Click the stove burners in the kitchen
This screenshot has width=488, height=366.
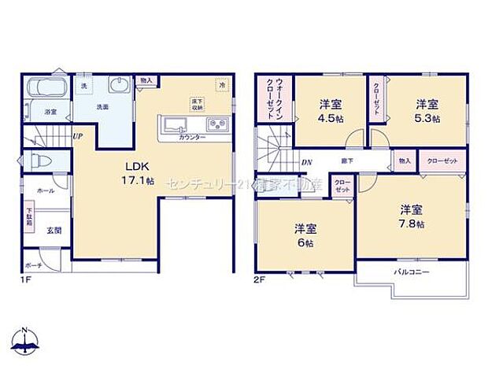(x=217, y=125)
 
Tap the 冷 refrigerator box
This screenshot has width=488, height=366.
(x=223, y=86)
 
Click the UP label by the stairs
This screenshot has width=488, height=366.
(x=78, y=136)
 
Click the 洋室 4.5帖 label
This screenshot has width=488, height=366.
(x=329, y=110)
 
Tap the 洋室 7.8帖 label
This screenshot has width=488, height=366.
(x=411, y=216)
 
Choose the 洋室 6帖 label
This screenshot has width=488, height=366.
(x=304, y=234)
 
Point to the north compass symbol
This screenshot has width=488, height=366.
(x=25, y=340)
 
